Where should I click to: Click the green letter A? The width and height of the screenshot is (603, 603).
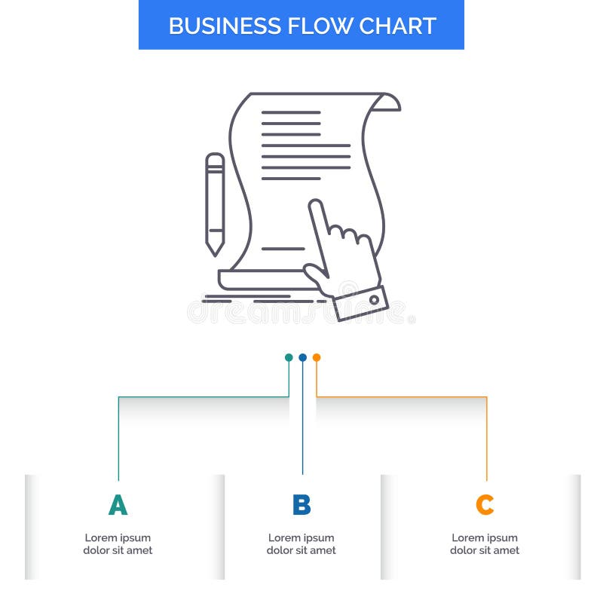(118, 505)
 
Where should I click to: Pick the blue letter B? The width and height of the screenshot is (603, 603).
(301, 505)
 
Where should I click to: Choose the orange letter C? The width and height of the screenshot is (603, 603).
(485, 505)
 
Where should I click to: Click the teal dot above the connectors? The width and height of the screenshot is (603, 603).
(289, 357)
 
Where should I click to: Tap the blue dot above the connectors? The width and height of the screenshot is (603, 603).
(302, 357)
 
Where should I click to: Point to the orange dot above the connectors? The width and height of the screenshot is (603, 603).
(317, 357)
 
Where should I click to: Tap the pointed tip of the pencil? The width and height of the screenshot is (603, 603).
(215, 250)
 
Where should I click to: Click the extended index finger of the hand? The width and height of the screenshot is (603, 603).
(318, 219)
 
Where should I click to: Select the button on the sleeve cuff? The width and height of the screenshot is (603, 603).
(374, 300)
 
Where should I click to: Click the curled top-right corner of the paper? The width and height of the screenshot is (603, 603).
(389, 102)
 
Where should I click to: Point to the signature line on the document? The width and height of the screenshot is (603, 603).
(283, 248)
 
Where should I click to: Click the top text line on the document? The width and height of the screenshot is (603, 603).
(291, 112)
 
